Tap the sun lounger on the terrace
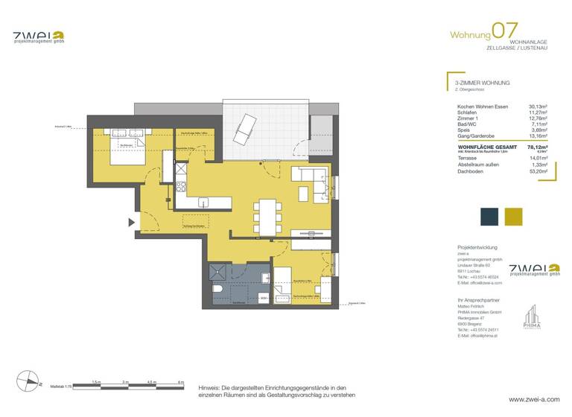(x=244, y=134)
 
